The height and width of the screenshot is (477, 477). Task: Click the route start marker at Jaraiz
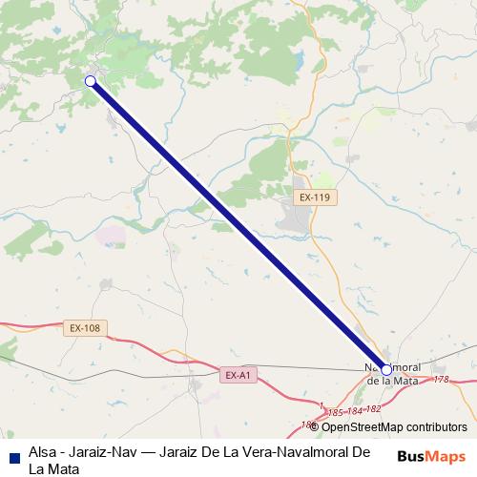pos(91,81)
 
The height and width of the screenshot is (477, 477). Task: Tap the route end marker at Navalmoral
pos(386,369)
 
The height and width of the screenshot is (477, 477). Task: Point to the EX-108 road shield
pos(85,328)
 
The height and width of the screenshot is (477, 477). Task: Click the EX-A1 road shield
pos(238,375)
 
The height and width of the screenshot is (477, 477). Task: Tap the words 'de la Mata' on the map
pos(393,381)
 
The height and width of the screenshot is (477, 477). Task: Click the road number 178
pos(440,380)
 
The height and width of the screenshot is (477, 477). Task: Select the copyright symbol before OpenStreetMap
pos(314,427)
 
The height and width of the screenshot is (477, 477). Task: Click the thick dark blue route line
pos(238,225)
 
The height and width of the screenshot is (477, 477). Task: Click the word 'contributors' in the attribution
pos(434,427)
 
